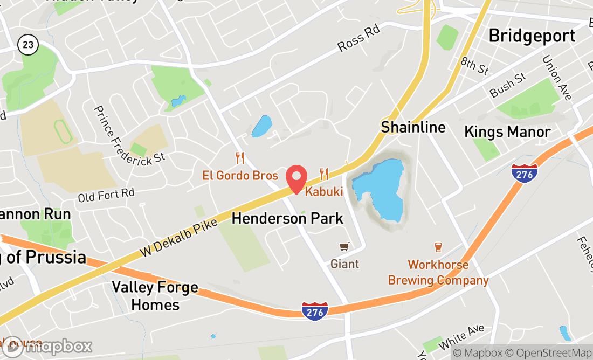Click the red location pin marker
tap(296, 178)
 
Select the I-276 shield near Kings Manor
tap(525, 174)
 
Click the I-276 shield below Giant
tap(315, 311)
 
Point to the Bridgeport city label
tap(532, 36)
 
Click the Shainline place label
tap(413, 127)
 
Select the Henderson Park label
tap(287, 218)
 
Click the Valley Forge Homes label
tap(155, 296)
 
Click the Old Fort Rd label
tap(106, 195)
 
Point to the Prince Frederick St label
tap(129, 134)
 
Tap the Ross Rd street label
tap(359, 39)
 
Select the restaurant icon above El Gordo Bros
tap(240, 158)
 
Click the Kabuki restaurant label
tap(324, 191)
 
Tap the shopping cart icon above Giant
tap(344, 247)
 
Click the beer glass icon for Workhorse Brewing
tap(438, 247)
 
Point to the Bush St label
tap(508, 85)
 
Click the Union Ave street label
tap(556, 78)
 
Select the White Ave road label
tap(461, 336)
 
